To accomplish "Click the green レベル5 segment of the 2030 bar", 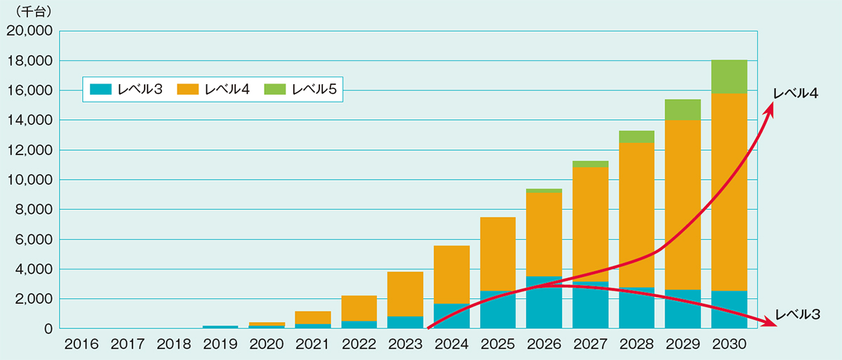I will [x=729, y=76].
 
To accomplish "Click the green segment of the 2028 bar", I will [x=636, y=137].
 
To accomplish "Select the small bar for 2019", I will [x=220, y=327].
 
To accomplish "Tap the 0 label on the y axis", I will [x=48, y=328].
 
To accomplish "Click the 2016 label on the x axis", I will [x=81, y=345].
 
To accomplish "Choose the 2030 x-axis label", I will [x=729, y=345].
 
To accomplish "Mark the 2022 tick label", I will [x=359, y=345].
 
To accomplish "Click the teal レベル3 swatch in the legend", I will [x=98, y=89].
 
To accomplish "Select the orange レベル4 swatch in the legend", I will [x=188, y=89].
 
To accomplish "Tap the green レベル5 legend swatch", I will [x=276, y=89].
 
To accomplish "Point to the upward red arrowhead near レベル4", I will [x=772, y=105].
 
